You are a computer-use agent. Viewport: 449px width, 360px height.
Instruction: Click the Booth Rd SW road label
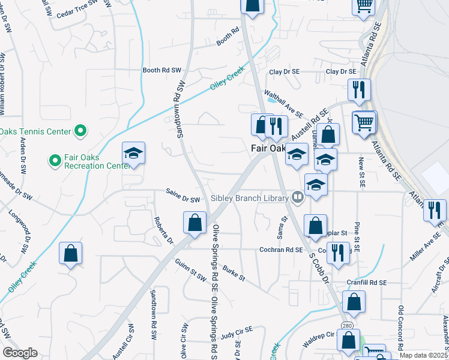click(x=161, y=70)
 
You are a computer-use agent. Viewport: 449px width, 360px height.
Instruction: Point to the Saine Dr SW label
click(x=182, y=199)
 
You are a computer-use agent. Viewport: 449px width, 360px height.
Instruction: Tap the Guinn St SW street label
click(x=190, y=266)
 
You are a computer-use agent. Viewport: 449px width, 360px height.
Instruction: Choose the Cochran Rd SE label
click(x=281, y=250)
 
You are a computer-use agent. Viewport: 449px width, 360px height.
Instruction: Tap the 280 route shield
click(x=347, y=325)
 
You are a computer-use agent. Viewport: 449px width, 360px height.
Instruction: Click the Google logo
click(x=20, y=353)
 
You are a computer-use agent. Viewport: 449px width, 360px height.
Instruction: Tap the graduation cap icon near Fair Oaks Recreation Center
click(x=134, y=154)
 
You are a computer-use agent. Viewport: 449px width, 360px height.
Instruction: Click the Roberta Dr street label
click(x=163, y=230)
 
